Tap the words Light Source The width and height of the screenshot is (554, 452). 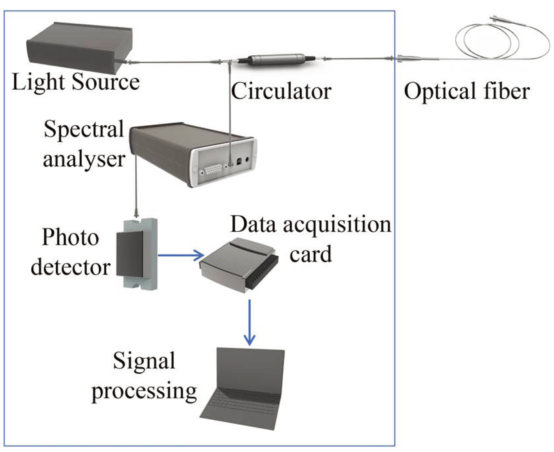point(75,82)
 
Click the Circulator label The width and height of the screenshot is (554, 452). point(281,92)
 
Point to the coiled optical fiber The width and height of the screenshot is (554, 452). point(492,41)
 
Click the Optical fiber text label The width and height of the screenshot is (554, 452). point(466,92)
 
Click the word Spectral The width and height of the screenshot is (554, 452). point(84,129)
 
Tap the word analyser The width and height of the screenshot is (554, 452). point(84,159)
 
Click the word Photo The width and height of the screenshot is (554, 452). point(70,238)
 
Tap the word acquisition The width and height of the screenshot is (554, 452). point(337,225)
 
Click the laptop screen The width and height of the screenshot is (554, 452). point(249,370)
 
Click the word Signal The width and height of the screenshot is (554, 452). point(144,361)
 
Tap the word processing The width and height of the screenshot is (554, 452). point(144,391)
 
